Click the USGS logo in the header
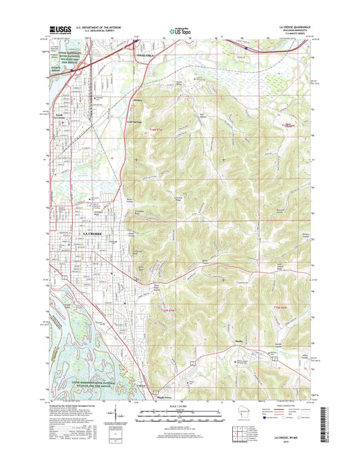pyautogui.click(x=59, y=30)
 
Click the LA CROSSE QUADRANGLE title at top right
pyautogui.click(x=292, y=28)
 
